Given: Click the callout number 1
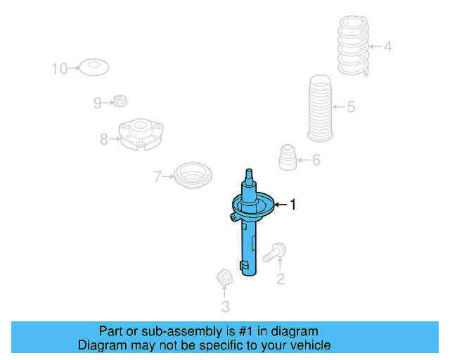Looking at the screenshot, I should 293,205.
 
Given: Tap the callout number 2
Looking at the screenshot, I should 280,280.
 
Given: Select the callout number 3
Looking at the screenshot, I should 225,306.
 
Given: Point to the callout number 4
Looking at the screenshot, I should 387,47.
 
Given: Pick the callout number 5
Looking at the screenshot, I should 351,108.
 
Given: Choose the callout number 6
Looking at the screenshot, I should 316,160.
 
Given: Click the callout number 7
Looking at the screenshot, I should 158,176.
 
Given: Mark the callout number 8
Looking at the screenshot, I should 104,139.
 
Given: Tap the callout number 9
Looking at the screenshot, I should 98,103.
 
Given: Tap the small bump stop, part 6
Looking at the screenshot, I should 287,157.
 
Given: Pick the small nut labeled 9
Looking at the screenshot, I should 121,101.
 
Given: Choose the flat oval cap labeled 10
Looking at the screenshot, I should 93,67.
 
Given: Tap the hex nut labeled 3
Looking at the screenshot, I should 224,277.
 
